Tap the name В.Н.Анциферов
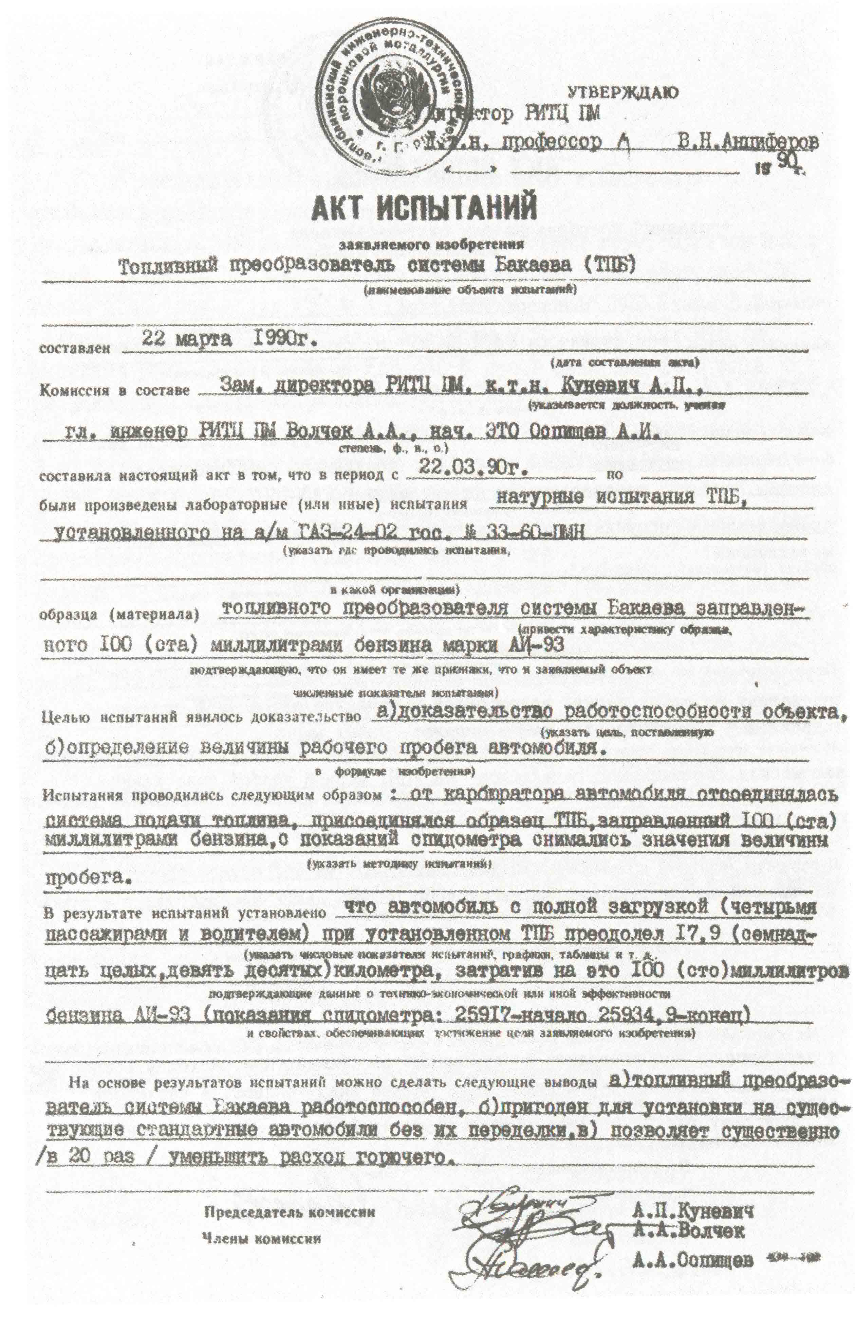747,142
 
